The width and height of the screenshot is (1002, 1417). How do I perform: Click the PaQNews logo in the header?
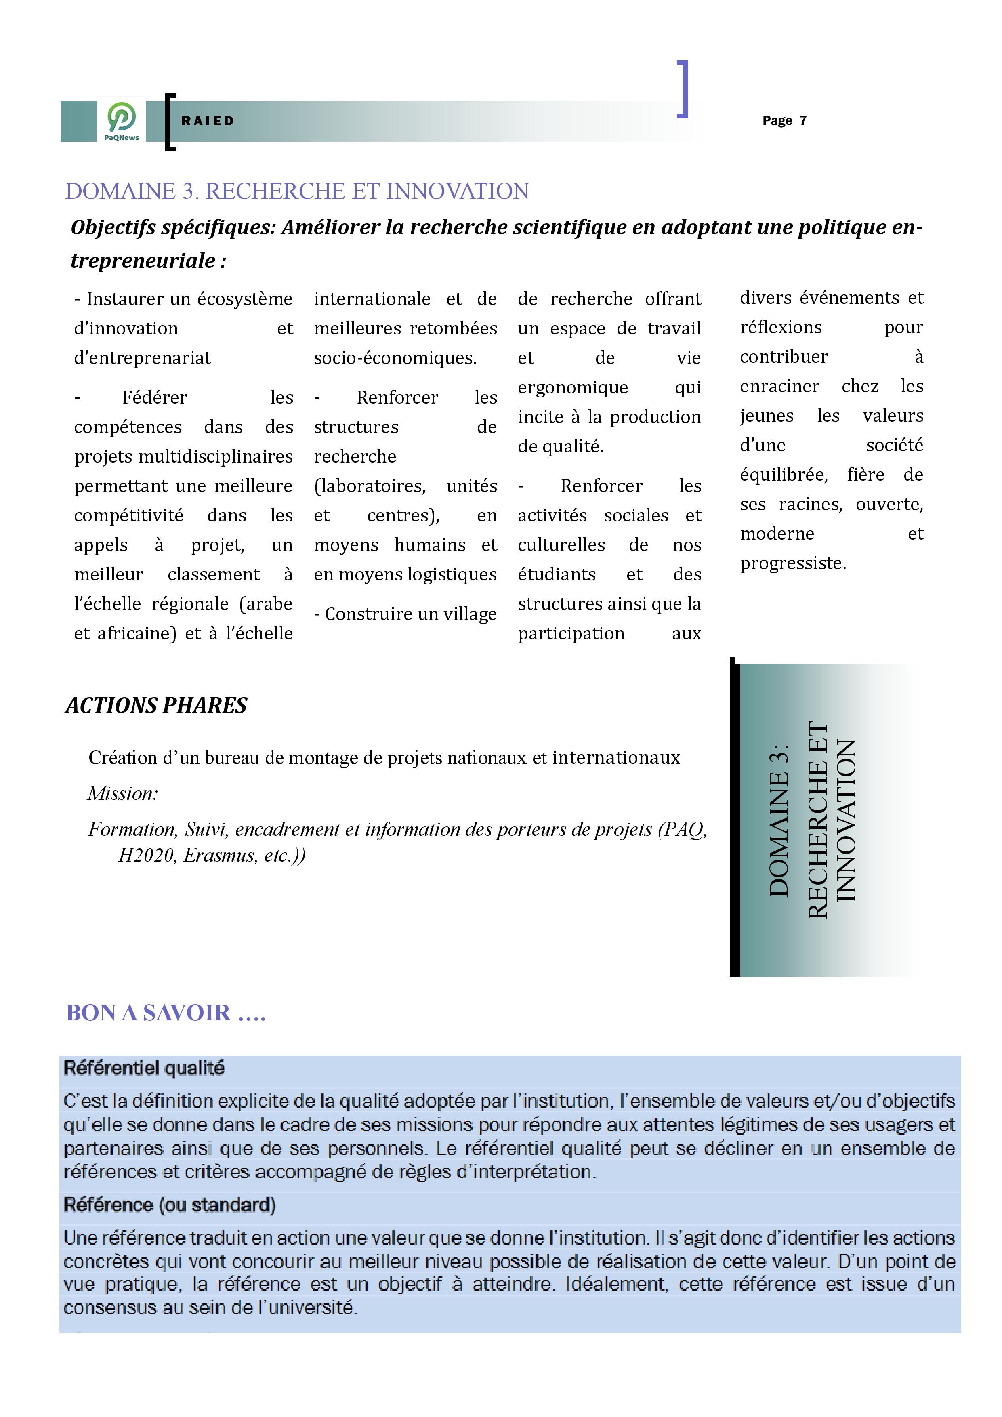pos(122,121)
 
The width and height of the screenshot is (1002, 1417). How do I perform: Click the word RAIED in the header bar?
pos(207,121)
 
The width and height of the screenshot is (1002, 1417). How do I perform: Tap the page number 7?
pos(803,120)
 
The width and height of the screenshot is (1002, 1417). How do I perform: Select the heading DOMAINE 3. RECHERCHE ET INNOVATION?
pos(297,191)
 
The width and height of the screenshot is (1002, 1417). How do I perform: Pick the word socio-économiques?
pos(395,358)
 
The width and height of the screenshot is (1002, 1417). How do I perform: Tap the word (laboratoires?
pos(370,486)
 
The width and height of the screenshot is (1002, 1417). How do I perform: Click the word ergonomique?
pos(573,388)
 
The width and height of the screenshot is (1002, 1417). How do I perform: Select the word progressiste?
pos(793,563)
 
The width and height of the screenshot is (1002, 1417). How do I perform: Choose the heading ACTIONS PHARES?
pos(156,705)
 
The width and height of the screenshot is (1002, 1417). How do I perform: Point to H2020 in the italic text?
pos(146,856)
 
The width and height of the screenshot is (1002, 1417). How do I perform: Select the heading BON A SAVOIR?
pos(165,1013)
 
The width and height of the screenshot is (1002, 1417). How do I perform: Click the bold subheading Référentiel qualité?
pos(144,1068)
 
